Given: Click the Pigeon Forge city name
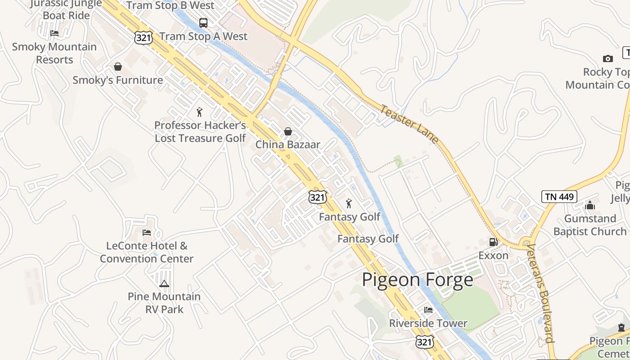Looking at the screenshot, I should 418,280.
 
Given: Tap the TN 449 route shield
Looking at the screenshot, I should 559,197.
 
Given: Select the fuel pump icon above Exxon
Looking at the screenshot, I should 494,242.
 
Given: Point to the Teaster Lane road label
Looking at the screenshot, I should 409,124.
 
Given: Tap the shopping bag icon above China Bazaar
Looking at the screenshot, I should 288,131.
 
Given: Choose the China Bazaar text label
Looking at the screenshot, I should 288,144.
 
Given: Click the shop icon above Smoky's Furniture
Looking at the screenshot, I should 118,67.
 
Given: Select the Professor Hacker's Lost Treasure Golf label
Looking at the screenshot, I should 200,131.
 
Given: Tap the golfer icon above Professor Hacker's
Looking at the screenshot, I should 199,112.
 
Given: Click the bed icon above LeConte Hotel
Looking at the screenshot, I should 147,233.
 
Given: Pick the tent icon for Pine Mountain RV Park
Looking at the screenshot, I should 164,283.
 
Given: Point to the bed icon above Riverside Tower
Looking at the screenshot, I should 428,310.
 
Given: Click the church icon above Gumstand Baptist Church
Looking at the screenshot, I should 590,206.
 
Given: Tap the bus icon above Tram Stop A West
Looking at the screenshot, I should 203,22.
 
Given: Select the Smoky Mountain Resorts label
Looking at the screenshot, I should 54,53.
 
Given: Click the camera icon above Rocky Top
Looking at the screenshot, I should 607,58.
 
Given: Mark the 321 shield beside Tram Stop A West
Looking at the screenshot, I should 144,38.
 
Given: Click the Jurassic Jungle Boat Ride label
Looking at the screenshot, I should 66,9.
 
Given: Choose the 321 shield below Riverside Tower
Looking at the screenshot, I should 424,342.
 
